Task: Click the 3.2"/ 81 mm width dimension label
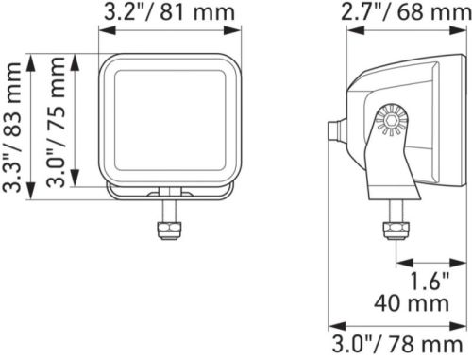[x=169, y=12]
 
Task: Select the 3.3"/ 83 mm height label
[x=12, y=127]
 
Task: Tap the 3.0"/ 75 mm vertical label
[x=56, y=122]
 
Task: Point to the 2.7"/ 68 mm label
[x=406, y=12]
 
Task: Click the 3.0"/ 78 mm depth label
[x=397, y=345]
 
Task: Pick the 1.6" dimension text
[x=430, y=281]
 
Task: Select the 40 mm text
[x=412, y=303]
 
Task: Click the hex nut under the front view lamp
[x=170, y=231]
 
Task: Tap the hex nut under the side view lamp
[x=396, y=231]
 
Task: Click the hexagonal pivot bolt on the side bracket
[x=392, y=120]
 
